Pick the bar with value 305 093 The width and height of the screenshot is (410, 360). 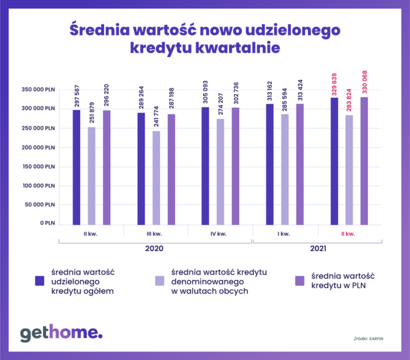click(x=205, y=166)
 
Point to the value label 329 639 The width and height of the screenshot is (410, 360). click(x=335, y=84)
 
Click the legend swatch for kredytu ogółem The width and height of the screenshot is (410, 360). click(x=41, y=280)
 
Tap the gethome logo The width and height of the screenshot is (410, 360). click(x=61, y=333)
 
